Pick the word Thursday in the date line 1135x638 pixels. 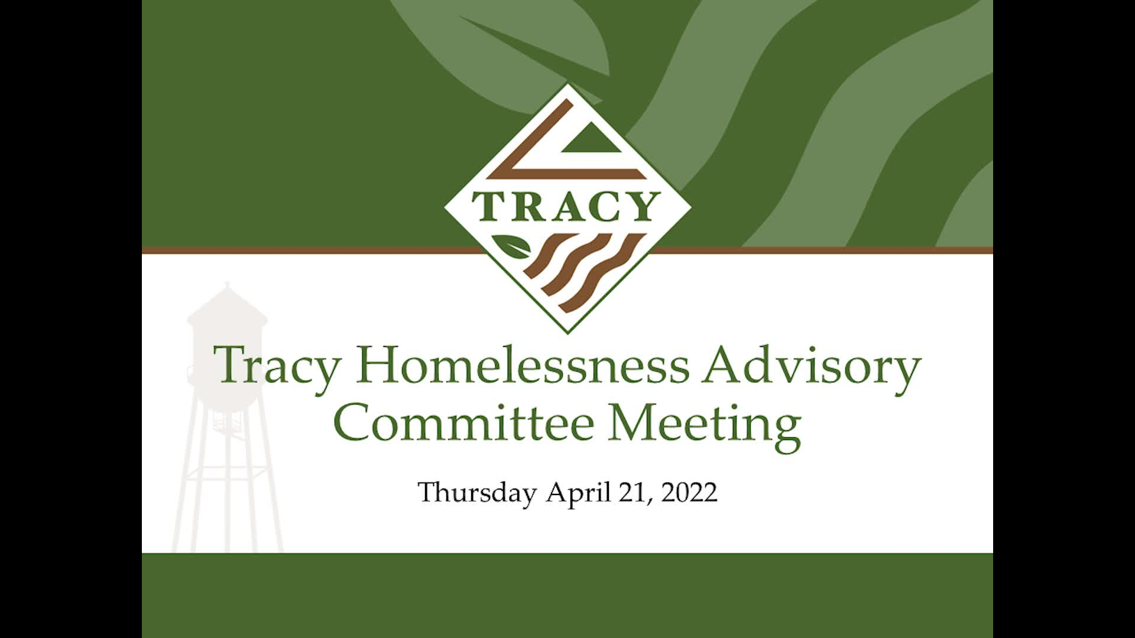[477, 493]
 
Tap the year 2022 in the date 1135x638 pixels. [689, 493]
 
